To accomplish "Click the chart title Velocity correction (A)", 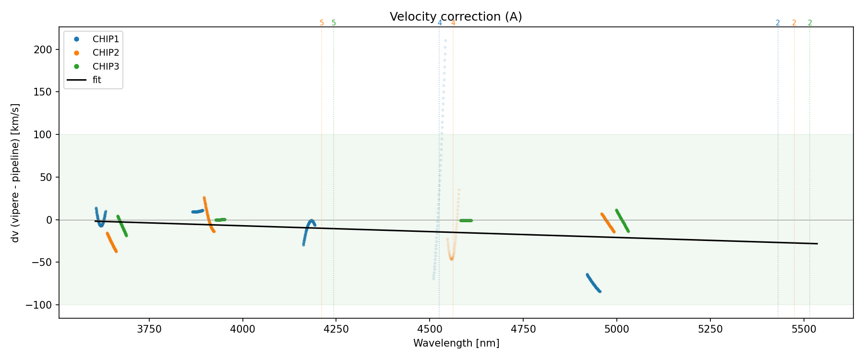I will [x=456, y=17].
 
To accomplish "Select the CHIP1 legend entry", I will [x=106, y=39].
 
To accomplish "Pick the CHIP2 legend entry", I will [x=106, y=53].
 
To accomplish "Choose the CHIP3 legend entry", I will [x=106, y=66].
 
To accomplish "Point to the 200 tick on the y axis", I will [x=46, y=49].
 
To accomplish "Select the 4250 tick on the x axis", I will [x=336, y=329].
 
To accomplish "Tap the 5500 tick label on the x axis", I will [x=803, y=329].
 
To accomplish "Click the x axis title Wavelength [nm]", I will [x=456, y=343].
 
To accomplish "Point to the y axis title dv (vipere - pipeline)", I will [x=15, y=173].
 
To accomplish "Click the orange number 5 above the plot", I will [x=322, y=23].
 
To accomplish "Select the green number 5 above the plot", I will [x=334, y=23].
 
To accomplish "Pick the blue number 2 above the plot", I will [x=778, y=23].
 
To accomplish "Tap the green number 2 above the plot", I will [x=810, y=23].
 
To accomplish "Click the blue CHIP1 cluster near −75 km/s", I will [x=593, y=284].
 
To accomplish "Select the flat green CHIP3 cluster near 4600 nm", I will [x=466, y=220].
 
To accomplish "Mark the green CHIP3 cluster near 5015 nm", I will [x=622, y=220].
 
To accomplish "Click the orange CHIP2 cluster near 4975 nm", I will [x=608, y=223].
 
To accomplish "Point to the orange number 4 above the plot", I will [x=453, y=23].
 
